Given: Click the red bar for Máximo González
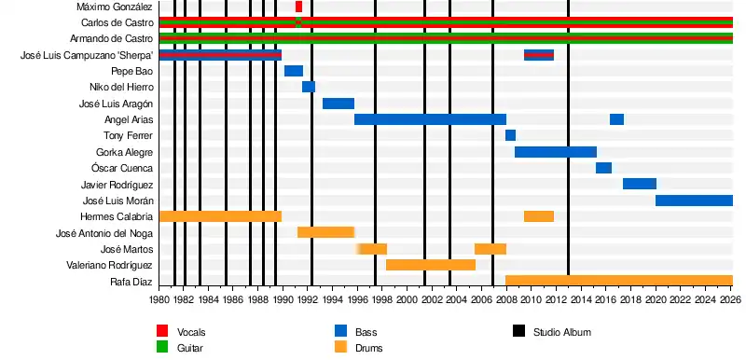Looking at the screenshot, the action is point(298,7).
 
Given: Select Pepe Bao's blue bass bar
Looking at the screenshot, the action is point(294,71).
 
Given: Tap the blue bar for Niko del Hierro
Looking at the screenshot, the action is point(309,87).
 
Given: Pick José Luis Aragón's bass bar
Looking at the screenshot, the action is point(338,104).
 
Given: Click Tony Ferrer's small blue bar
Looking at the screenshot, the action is point(510,135).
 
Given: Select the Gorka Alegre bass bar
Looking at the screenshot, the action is point(556,152).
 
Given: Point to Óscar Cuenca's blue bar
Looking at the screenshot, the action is point(603,168).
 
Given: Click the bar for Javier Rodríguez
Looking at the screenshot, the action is point(640,184).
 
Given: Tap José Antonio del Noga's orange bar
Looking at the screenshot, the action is point(325,232).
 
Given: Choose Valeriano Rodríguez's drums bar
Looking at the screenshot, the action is point(431,265).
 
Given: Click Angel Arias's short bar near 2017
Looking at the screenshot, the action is point(616,119).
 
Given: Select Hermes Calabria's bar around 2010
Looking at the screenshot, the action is point(539,216).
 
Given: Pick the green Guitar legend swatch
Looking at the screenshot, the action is point(162,348).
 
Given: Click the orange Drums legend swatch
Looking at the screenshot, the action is point(340,348).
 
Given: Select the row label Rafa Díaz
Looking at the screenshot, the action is point(131,282).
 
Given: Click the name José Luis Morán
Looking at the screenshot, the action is point(118,201).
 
